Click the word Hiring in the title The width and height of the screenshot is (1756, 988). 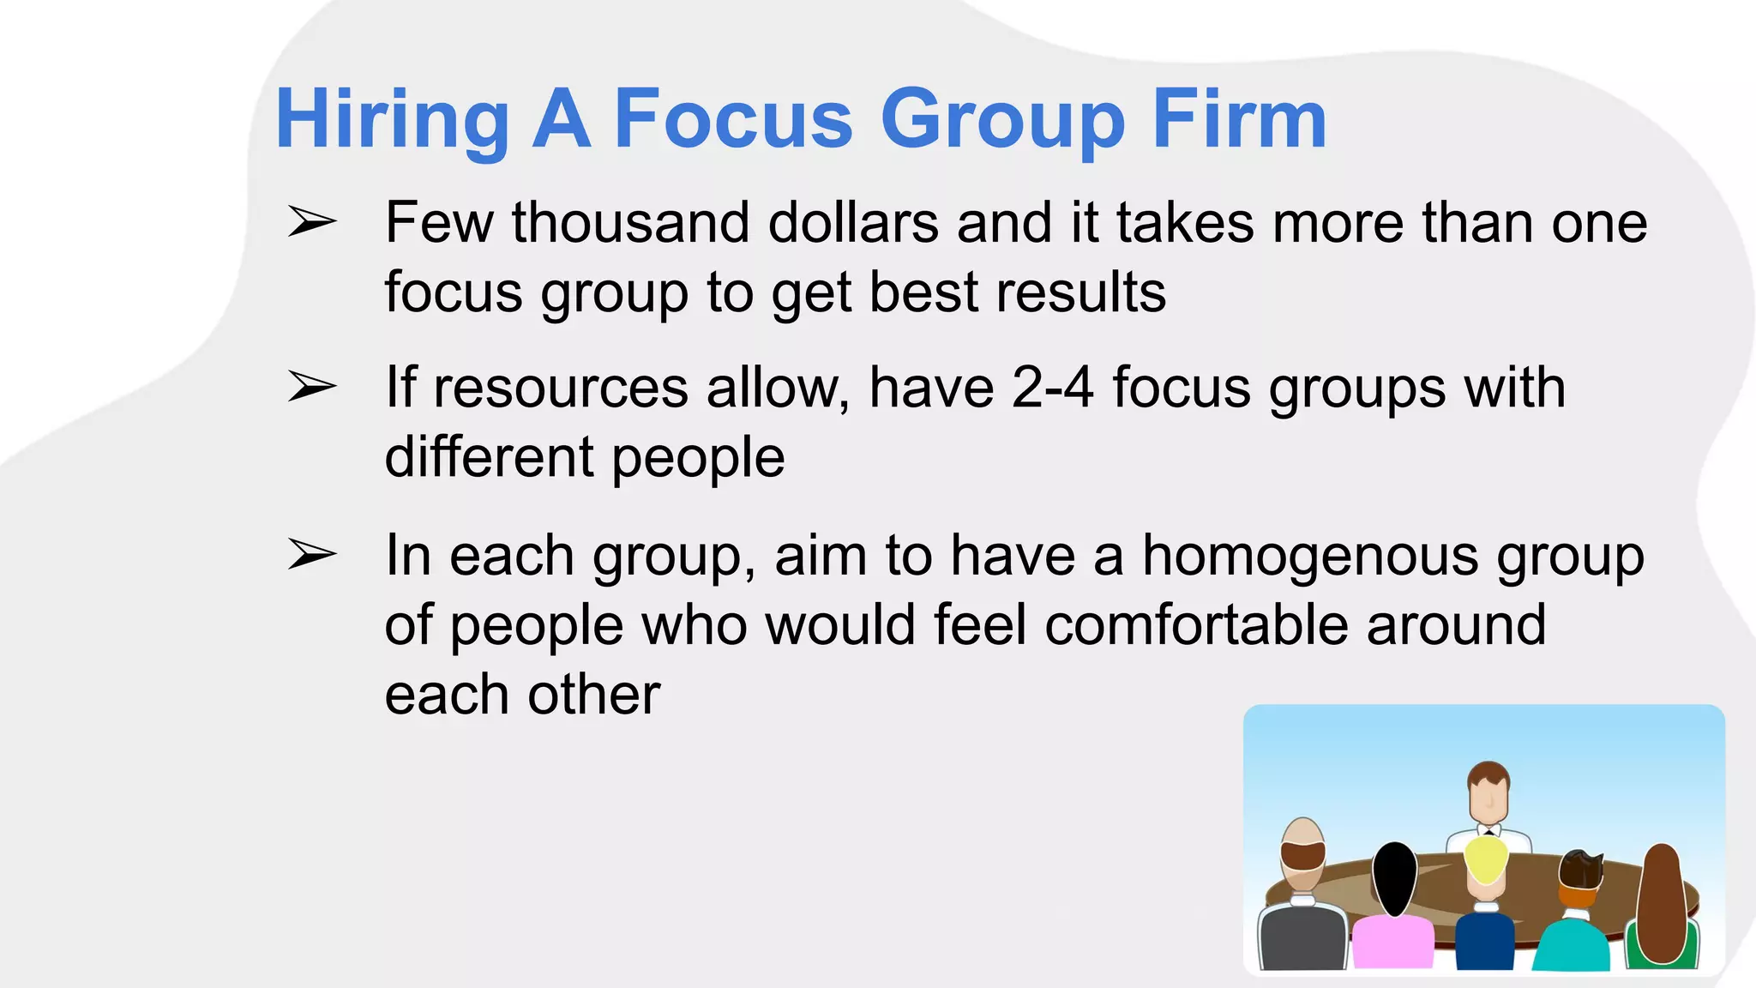pyautogui.click(x=392, y=120)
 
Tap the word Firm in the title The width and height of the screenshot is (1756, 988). pyautogui.click(x=1239, y=120)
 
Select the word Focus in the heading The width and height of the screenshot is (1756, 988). pyautogui.click(x=733, y=120)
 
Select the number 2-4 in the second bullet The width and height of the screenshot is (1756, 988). pyautogui.click(x=1052, y=388)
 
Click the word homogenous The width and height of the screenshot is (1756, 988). pyautogui.click(x=1310, y=556)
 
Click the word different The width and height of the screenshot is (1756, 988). pyautogui.click(x=489, y=456)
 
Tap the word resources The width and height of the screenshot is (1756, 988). pyautogui.click(x=560, y=388)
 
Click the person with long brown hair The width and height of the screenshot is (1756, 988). pyautogui.click(x=1663, y=901)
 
